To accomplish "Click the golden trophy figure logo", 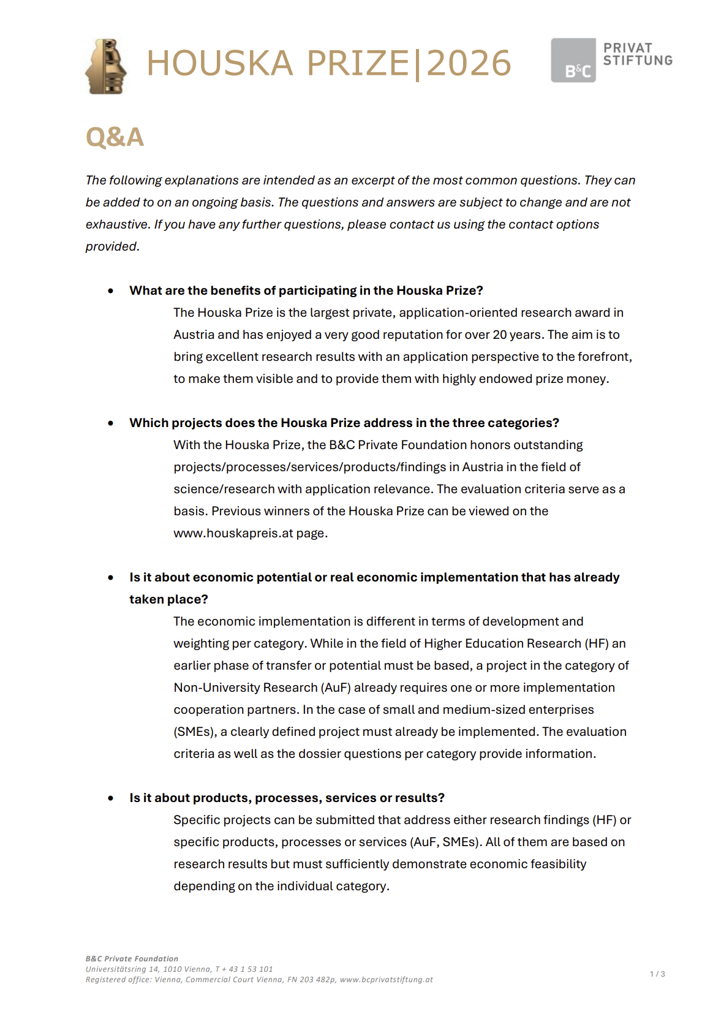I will tap(107, 66).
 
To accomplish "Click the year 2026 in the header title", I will tap(469, 63).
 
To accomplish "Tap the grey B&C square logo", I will tap(573, 60).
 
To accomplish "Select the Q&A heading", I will tap(115, 137).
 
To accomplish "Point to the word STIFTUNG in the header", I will tap(638, 60).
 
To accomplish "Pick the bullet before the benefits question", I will tap(111, 291).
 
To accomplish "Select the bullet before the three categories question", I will tap(111, 423).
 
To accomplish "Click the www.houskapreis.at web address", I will tap(233, 533).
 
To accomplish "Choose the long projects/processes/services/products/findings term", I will tap(309, 467).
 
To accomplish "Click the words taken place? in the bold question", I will tap(168, 599).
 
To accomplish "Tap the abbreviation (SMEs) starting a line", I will tap(194, 732).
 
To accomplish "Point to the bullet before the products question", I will tap(111, 798).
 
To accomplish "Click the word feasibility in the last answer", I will tap(556, 864).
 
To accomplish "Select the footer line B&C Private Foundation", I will tap(132, 959).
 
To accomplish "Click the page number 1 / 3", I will tap(657, 974).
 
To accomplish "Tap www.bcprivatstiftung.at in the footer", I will tap(386, 980).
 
